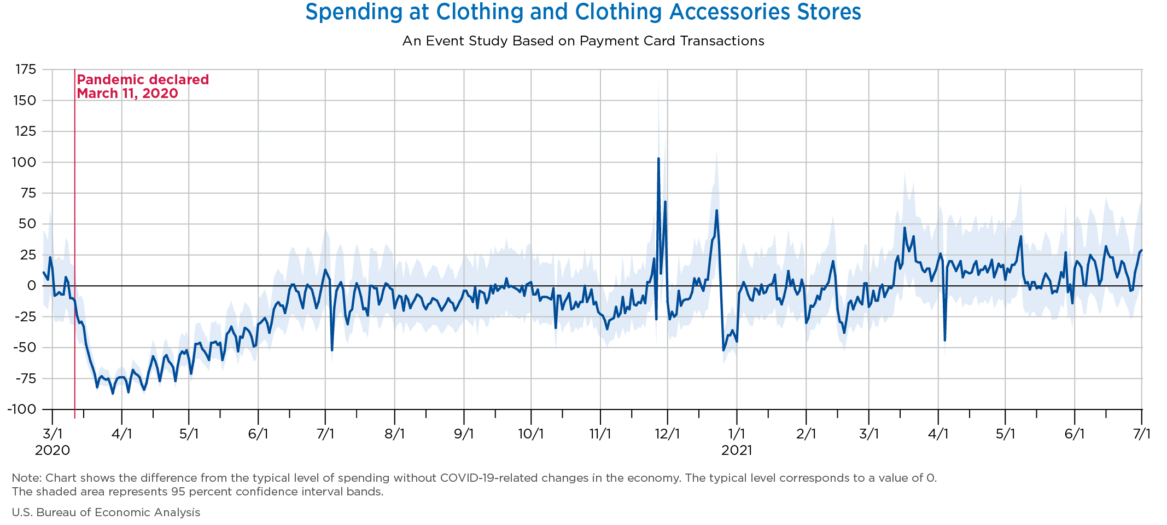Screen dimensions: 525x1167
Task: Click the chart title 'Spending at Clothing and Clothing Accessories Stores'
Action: (583, 12)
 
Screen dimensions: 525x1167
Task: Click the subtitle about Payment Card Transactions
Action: (583, 41)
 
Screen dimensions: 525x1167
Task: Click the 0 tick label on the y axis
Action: (31, 286)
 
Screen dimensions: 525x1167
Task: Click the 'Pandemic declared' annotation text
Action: (143, 80)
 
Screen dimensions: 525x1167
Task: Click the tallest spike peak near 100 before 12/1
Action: (658, 159)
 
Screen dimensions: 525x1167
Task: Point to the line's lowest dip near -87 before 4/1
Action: (113, 393)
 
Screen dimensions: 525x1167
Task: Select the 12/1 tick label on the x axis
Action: (667, 434)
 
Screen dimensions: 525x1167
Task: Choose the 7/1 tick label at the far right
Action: (1141, 434)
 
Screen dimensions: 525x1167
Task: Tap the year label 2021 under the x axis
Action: (737, 451)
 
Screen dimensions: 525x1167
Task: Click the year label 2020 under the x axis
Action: (52, 451)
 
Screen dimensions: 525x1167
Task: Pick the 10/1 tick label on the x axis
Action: (531, 434)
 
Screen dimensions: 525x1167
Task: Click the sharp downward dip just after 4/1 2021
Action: (945, 340)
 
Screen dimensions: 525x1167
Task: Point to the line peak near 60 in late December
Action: (716, 211)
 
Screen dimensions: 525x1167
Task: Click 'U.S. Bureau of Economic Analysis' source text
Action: (106, 512)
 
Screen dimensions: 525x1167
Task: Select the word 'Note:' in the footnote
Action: (24, 478)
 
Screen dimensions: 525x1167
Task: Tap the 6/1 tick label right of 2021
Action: (1074, 434)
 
